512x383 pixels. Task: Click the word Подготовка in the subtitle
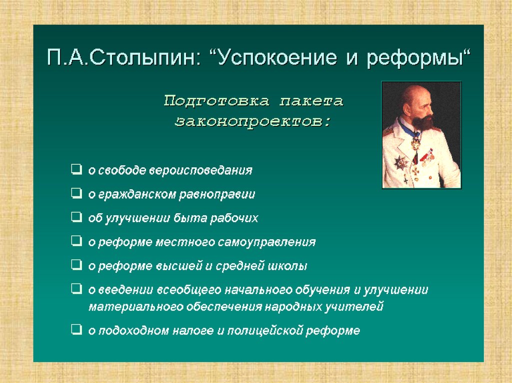pos(217,101)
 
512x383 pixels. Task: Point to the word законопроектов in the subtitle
pos(252,122)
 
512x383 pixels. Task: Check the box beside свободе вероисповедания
pos(76,169)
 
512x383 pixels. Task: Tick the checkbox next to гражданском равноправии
pos(76,193)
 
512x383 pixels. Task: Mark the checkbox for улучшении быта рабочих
pos(76,217)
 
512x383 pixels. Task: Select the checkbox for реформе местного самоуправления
pos(76,241)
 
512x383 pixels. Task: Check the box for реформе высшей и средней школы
pos(76,265)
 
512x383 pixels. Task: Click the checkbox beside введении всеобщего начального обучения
pos(76,289)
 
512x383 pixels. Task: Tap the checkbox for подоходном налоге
pos(76,330)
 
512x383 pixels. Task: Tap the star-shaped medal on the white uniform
pos(400,162)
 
